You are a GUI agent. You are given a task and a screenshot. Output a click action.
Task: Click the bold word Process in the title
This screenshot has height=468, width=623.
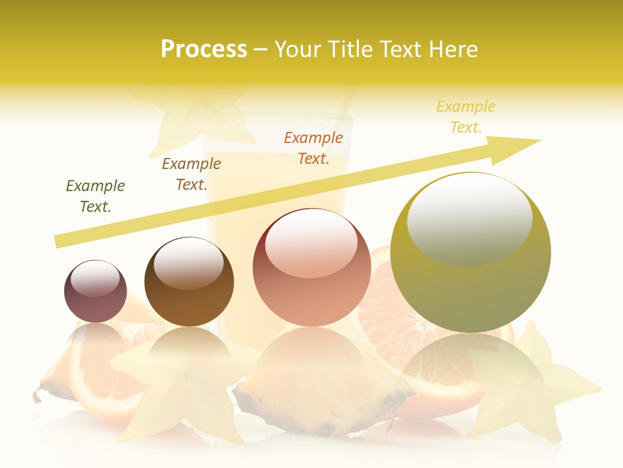click(204, 49)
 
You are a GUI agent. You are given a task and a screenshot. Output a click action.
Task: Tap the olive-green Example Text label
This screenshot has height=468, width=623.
click(95, 196)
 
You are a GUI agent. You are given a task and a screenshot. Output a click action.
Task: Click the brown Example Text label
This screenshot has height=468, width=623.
click(191, 174)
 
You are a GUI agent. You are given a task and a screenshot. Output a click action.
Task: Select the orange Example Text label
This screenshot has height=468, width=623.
click(313, 148)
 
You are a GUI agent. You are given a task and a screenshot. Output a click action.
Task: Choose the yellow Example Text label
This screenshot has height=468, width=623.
click(466, 116)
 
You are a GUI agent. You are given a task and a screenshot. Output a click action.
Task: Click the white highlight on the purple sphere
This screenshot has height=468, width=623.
click(95, 278)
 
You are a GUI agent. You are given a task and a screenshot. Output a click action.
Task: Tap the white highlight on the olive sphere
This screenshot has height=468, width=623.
click(469, 218)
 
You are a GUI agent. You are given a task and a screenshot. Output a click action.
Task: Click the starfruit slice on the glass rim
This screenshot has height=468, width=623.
click(195, 117)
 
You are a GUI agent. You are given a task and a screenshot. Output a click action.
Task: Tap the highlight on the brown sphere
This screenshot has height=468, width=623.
click(188, 262)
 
